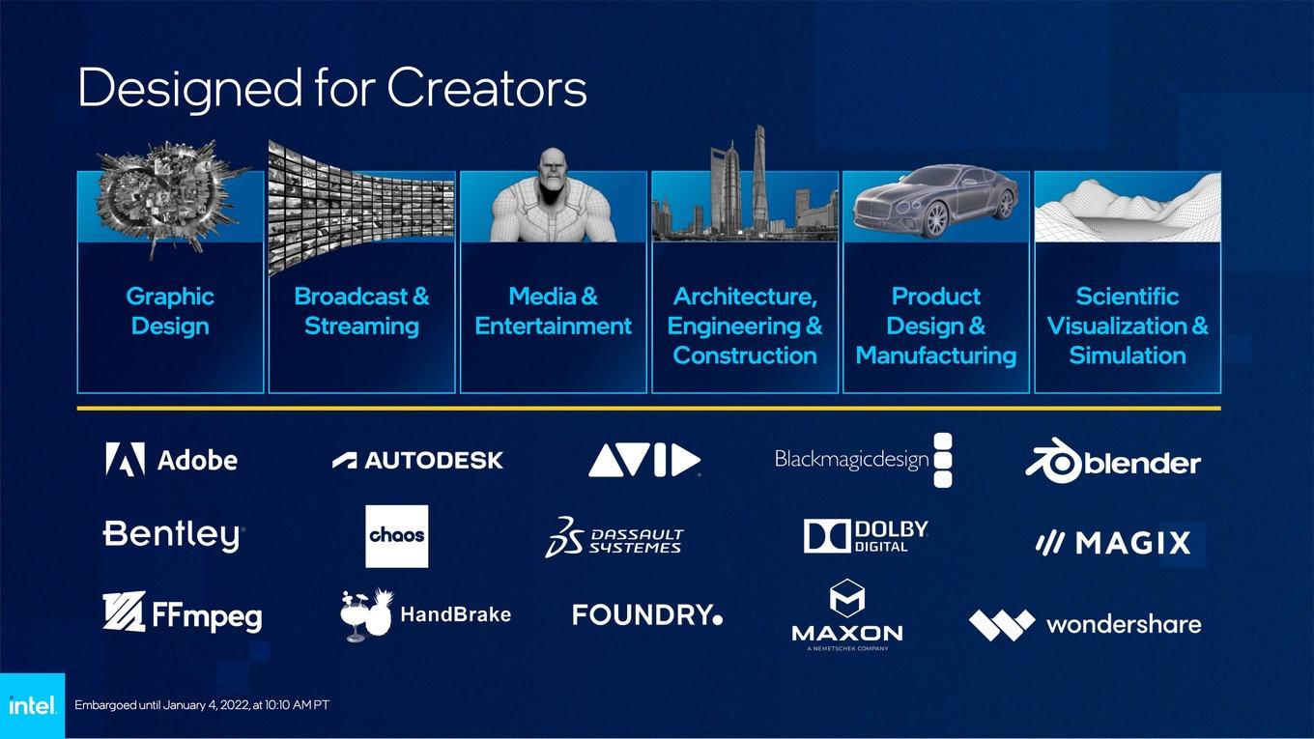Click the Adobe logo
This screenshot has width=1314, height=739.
pyautogui.click(x=171, y=459)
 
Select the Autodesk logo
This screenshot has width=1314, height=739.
pyautogui.click(x=417, y=461)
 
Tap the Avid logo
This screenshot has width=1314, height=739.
pyautogui.click(x=644, y=460)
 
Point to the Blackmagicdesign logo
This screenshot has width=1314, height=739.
pyautogui.click(x=863, y=460)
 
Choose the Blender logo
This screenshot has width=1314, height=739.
pyautogui.click(x=1113, y=462)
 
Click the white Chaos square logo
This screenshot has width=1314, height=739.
pyautogui.click(x=396, y=536)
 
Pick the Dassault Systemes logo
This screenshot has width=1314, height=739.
pyautogui.click(x=614, y=537)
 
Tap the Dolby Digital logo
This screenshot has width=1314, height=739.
pyautogui.click(x=866, y=536)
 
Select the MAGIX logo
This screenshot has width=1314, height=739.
pyautogui.click(x=1113, y=543)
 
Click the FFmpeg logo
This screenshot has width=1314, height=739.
pyautogui.click(x=183, y=612)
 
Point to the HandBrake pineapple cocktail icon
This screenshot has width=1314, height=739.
pyautogui.click(x=365, y=614)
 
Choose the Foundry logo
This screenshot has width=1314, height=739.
pyautogui.click(x=647, y=614)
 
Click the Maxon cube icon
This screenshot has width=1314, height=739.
pyautogui.click(x=847, y=598)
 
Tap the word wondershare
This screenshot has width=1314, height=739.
pyautogui.click(x=1124, y=624)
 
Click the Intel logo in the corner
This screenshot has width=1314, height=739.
pyautogui.click(x=32, y=705)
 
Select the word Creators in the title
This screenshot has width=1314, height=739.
pyautogui.click(x=486, y=88)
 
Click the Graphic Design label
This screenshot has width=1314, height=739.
pyautogui.click(x=170, y=311)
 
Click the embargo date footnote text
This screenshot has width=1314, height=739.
pyautogui.click(x=202, y=704)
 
